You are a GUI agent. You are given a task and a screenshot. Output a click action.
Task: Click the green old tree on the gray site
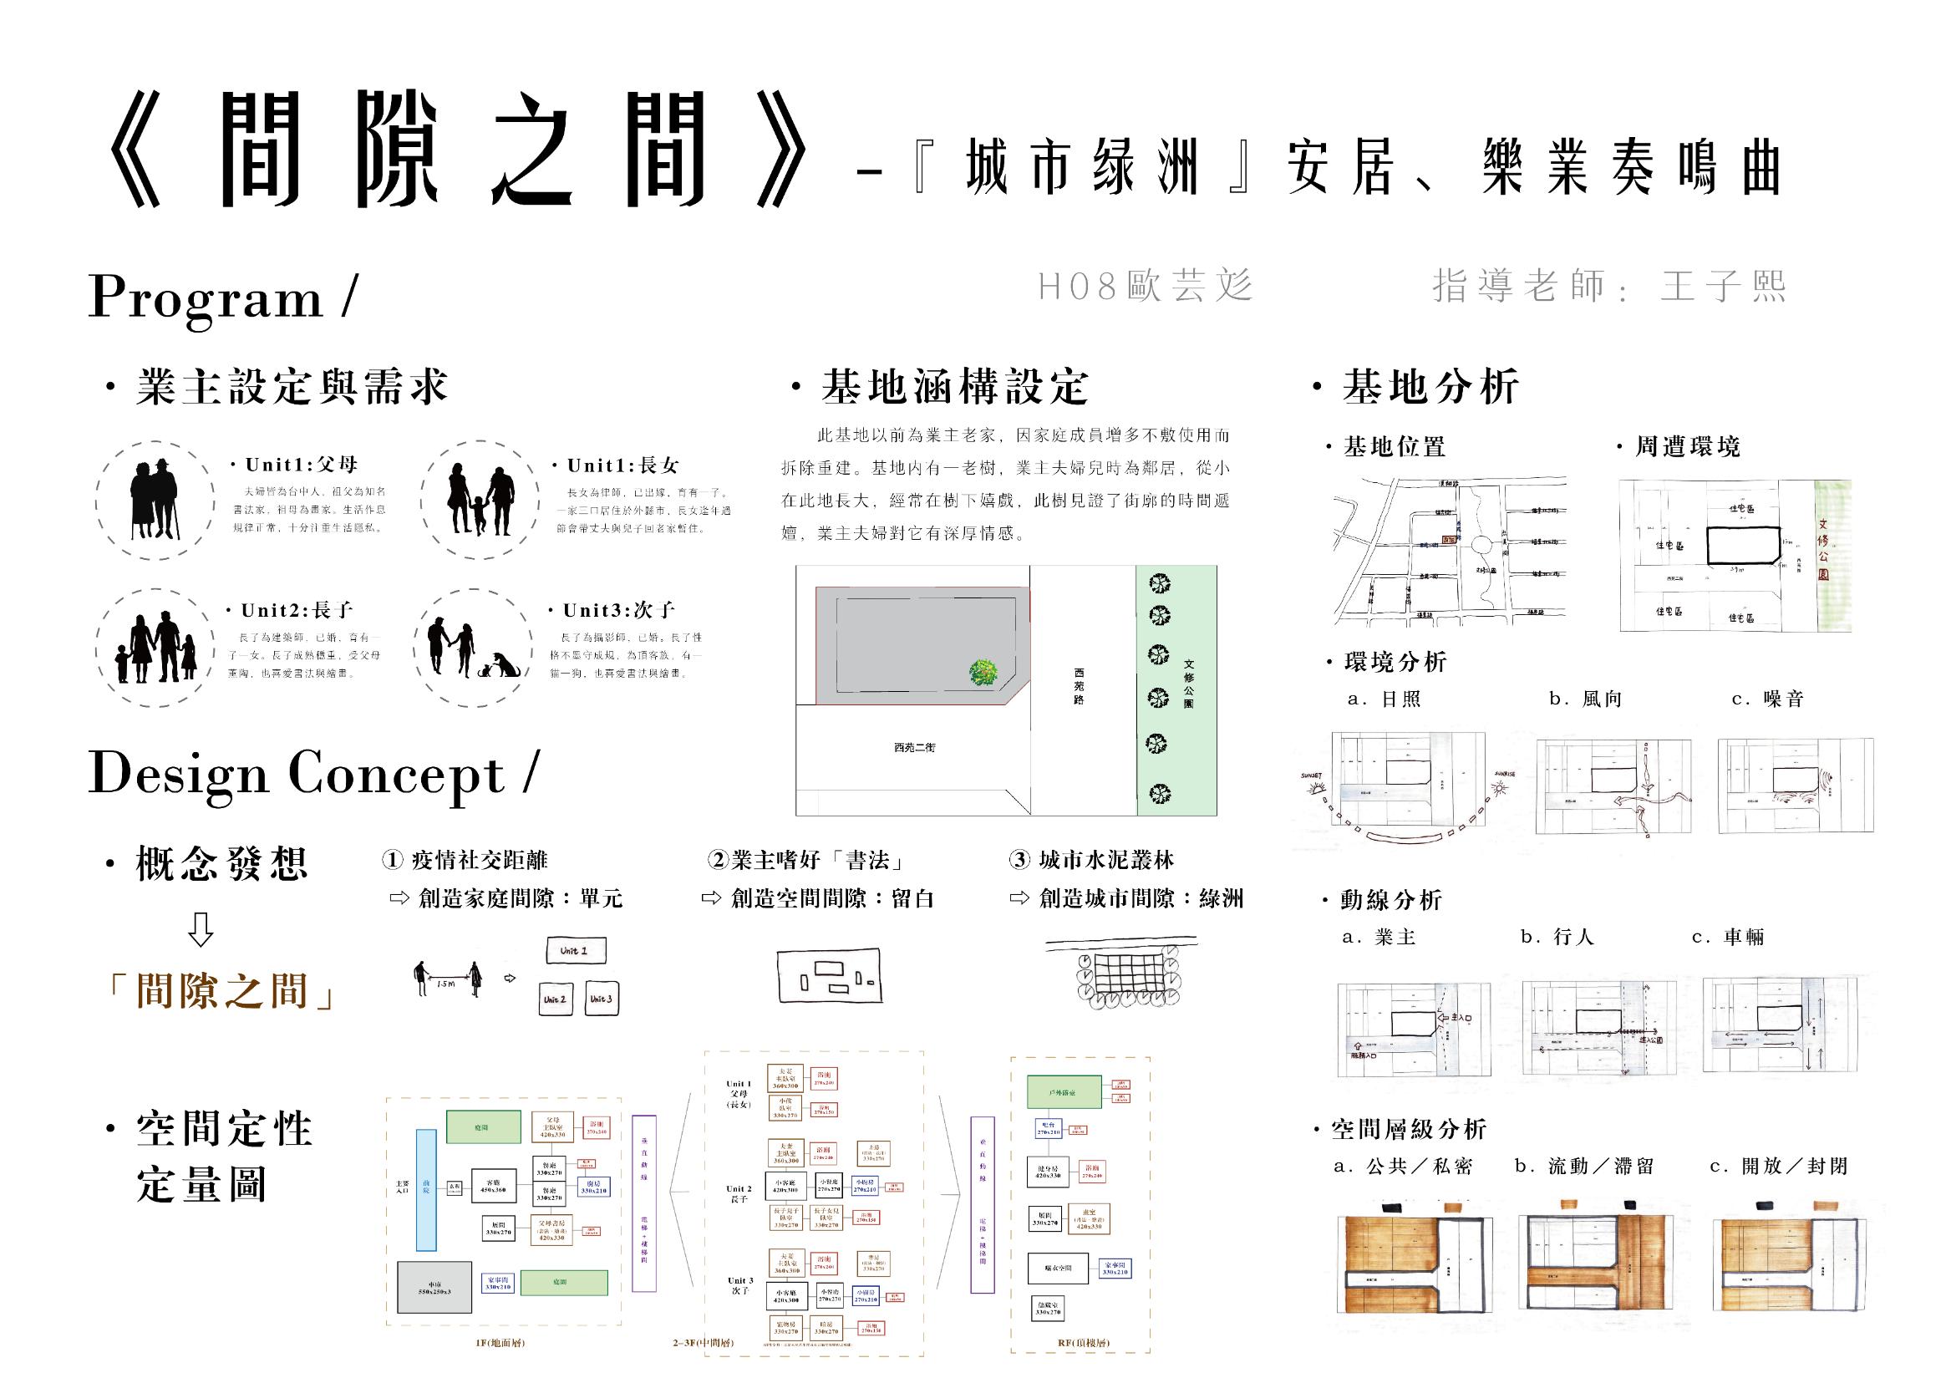983,673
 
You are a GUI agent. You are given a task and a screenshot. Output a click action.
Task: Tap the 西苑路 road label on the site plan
1079,687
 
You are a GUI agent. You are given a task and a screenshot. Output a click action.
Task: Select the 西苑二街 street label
914,748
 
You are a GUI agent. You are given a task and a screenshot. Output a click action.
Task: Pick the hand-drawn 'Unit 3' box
601,999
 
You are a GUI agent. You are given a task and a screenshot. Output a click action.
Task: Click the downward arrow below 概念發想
201,930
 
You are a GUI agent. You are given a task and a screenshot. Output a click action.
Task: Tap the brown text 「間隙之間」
221,991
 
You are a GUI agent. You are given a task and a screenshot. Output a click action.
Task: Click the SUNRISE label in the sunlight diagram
1505,775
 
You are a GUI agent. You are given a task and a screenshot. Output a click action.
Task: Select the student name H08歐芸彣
1146,287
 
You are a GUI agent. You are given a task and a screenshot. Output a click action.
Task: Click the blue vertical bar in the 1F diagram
426,1190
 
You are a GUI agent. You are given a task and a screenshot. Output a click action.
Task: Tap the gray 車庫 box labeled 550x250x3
434,1287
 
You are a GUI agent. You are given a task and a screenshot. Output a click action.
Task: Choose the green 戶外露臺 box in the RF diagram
1063,1092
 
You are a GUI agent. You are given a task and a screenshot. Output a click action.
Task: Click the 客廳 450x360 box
493,1186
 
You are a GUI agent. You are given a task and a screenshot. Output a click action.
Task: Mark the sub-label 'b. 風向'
1586,699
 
